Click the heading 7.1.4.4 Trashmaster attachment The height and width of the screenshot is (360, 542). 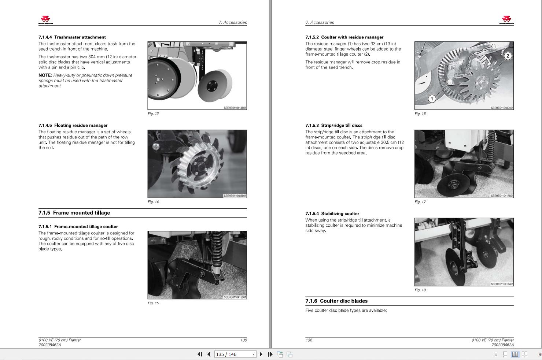(x=72, y=37)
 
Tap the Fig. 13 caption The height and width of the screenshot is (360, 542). (x=153, y=114)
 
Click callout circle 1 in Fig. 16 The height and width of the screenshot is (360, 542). (x=432, y=99)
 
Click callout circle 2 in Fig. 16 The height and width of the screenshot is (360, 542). (x=508, y=56)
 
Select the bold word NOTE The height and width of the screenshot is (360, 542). (x=45, y=75)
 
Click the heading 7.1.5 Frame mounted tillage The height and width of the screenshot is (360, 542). (x=74, y=213)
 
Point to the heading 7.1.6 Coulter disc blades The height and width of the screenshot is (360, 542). (x=336, y=301)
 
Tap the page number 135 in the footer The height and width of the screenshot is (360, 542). (x=244, y=340)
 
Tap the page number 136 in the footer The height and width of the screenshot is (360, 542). (x=309, y=340)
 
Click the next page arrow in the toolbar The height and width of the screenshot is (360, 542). (x=261, y=355)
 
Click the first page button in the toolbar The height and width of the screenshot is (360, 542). (x=200, y=355)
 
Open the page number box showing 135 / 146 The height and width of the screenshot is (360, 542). (x=235, y=355)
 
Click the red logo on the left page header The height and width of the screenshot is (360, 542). (x=45, y=20)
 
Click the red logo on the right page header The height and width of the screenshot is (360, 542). (x=507, y=20)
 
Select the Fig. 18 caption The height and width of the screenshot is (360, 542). (x=420, y=290)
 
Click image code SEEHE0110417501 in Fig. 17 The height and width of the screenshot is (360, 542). (x=502, y=196)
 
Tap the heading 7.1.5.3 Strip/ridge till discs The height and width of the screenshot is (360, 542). (x=334, y=126)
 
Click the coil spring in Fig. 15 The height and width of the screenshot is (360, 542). (x=217, y=249)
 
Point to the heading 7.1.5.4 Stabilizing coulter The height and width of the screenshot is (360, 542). (x=332, y=214)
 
